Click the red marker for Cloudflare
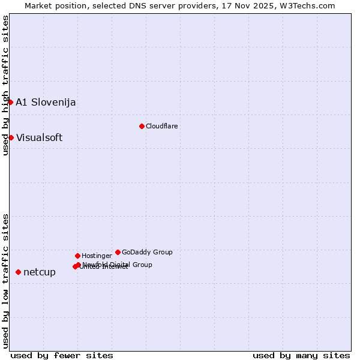pyautogui.click(x=142, y=126)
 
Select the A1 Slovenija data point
pyautogui.click(x=10, y=102)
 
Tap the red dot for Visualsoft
pyautogui.click(x=11, y=137)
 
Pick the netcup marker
pyautogui.click(x=18, y=272)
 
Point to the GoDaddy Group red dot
pyautogui.click(x=118, y=252)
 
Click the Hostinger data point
pyautogui.click(x=77, y=256)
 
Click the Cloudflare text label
pyautogui.click(x=161, y=126)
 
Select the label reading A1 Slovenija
pyautogui.click(x=46, y=102)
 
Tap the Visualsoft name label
pyautogui.click(x=39, y=137)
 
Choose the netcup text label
pyautogui.click(x=40, y=272)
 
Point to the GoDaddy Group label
pyautogui.click(x=147, y=252)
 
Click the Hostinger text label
pyautogui.click(x=97, y=256)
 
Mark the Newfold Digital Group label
pyautogui.click(x=117, y=265)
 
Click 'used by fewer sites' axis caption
pyautogui.click(x=62, y=355)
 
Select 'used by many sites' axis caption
pyautogui.click(x=301, y=355)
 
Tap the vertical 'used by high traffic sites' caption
pyautogui.click(x=5, y=85)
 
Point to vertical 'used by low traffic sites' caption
pyautogui.click(x=5, y=280)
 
